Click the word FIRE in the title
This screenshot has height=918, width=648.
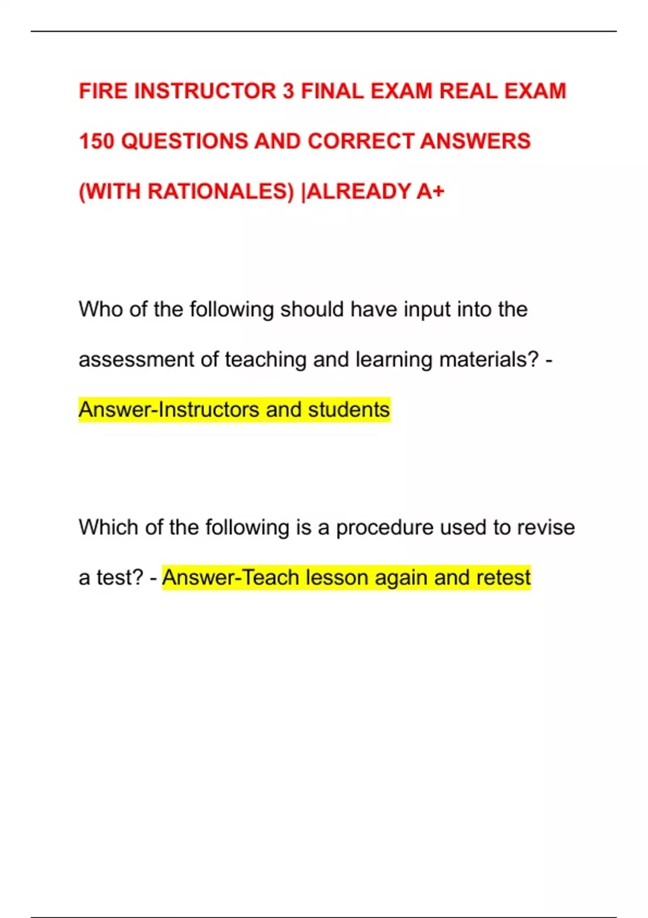pos(103,91)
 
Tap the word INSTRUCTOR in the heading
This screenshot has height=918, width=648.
pos(205,91)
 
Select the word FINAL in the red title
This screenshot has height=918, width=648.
pos(332,91)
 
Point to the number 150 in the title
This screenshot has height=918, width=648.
pos(97,141)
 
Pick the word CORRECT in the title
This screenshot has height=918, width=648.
pos(361,141)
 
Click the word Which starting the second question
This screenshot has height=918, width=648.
pos(109,527)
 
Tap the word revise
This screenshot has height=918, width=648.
pos(545,527)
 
